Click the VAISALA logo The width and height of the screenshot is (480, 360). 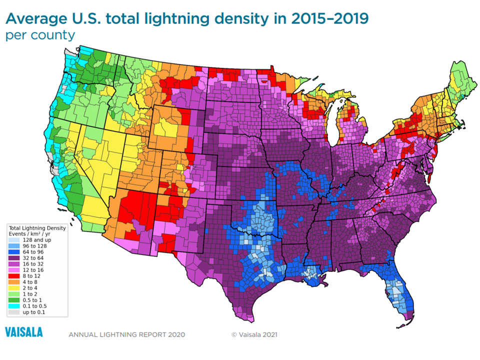point(24,332)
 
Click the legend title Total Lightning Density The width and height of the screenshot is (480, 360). point(38,228)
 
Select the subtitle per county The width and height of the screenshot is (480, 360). point(40,35)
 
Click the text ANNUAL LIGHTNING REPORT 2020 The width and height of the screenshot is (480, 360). point(126,334)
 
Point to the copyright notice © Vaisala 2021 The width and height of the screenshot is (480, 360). point(254,334)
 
